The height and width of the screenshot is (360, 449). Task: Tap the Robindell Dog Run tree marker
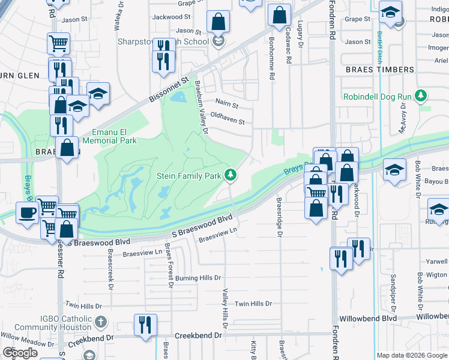point(422,96)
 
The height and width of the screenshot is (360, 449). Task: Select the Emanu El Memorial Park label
point(114,136)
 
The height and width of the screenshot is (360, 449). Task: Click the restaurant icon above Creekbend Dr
point(145,325)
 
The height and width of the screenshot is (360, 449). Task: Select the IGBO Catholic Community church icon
point(100,322)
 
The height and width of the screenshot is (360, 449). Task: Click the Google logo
point(20,353)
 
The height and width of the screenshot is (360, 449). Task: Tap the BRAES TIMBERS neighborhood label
point(380,70)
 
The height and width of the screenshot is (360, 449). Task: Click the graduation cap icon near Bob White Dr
point(394,170)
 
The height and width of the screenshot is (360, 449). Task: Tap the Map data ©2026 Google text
point(411,355)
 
